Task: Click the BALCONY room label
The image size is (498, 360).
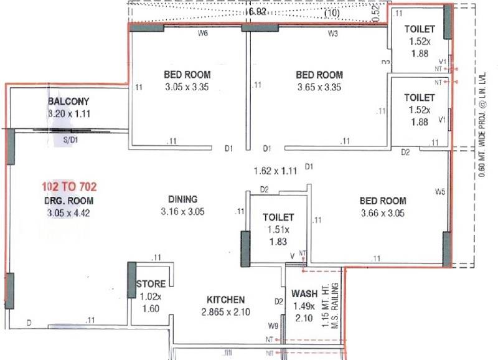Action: pos(69,102)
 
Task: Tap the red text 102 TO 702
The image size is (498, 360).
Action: pos(69,186)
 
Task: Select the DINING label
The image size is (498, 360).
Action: pos(182,199)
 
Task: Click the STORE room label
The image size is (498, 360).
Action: pos(151,284)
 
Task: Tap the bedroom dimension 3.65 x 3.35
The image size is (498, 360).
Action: pos(319,87)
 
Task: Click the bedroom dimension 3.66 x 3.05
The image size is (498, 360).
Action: pos(383,213)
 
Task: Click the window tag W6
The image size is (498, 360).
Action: pos(203,34)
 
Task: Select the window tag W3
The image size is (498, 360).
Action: pos(333,34)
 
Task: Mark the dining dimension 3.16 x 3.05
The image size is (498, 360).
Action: pos(182,212)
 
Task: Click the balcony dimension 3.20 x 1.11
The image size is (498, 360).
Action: pos(69,114)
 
